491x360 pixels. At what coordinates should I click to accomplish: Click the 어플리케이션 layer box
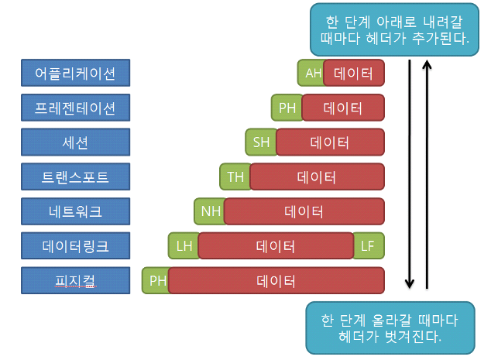pyautogui.click(x=75, y=74)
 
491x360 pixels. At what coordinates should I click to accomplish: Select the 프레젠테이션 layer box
pyautogui.click(x=75, y=108)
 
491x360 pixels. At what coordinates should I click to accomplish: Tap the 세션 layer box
pyautogui.click(x=75, y=142)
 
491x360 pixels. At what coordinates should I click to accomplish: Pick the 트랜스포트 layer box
pyautogui.click(x=75, y=177)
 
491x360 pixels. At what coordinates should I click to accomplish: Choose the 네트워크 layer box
pyautogui.click(x=75, y=211)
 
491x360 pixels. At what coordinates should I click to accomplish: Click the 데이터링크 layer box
pyautogui.click(x=75, y=246)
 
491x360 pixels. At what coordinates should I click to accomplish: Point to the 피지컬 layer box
pyautogui.click(x=75, y=280)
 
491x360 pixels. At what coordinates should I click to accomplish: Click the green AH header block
pyautogui.click(x=311, y=74)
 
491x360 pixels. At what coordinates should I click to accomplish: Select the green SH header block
pyautogui.click(x=260, y=142)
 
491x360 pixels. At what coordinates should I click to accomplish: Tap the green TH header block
pyautogui.click(x=235, y=177)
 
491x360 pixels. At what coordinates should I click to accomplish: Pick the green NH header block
pyautogui.click(x=209, y=211)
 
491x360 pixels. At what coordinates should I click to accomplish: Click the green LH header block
pyautogui.click(x=184, y=246)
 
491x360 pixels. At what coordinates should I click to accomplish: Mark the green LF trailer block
pyautogui.click(x=369, y=246)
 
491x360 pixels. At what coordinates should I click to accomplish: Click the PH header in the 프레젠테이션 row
pyautogui.click(x=287, y=108)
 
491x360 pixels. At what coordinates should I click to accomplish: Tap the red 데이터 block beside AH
pyautogui.click(x=353, y=74)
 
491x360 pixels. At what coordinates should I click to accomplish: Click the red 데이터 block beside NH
pyautogui.click(x=304, y=211)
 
